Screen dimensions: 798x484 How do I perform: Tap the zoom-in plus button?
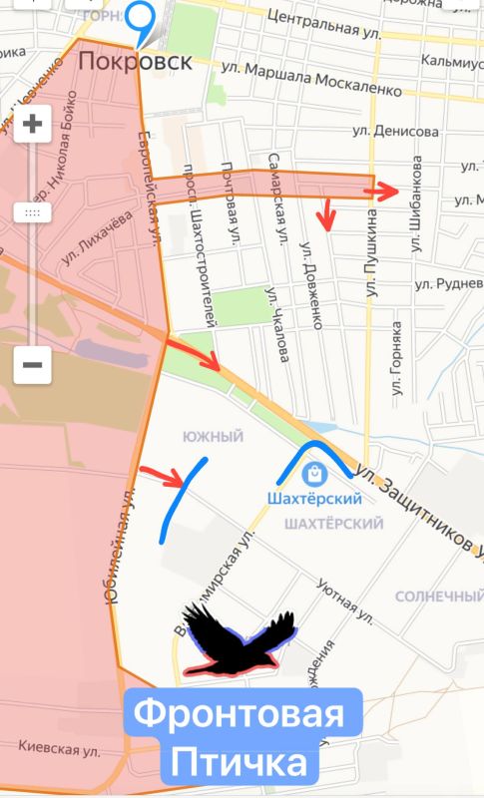[x=32, y=125]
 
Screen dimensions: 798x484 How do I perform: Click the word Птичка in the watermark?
[x=239, y=765]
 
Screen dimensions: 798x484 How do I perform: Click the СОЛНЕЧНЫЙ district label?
[x=438, y=597]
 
